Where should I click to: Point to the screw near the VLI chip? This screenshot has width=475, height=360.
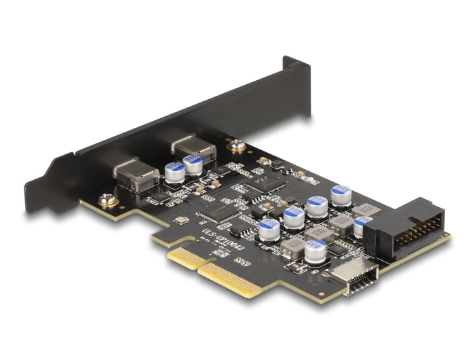236,144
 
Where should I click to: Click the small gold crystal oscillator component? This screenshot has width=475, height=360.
180,220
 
